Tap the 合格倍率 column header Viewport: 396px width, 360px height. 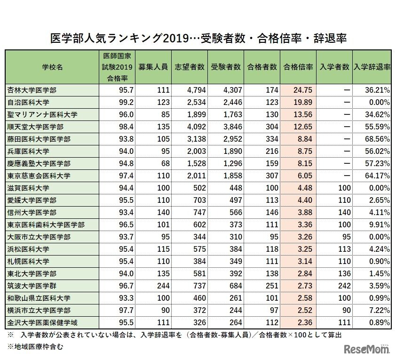[x=298, y=67]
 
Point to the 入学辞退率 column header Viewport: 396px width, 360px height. [x=372, y=67]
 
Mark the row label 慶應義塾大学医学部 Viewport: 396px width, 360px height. [x=39, y=163]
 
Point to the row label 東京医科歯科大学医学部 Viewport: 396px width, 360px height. [x=46, y=224]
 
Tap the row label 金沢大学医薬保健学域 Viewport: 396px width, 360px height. [x=42, y=322]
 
